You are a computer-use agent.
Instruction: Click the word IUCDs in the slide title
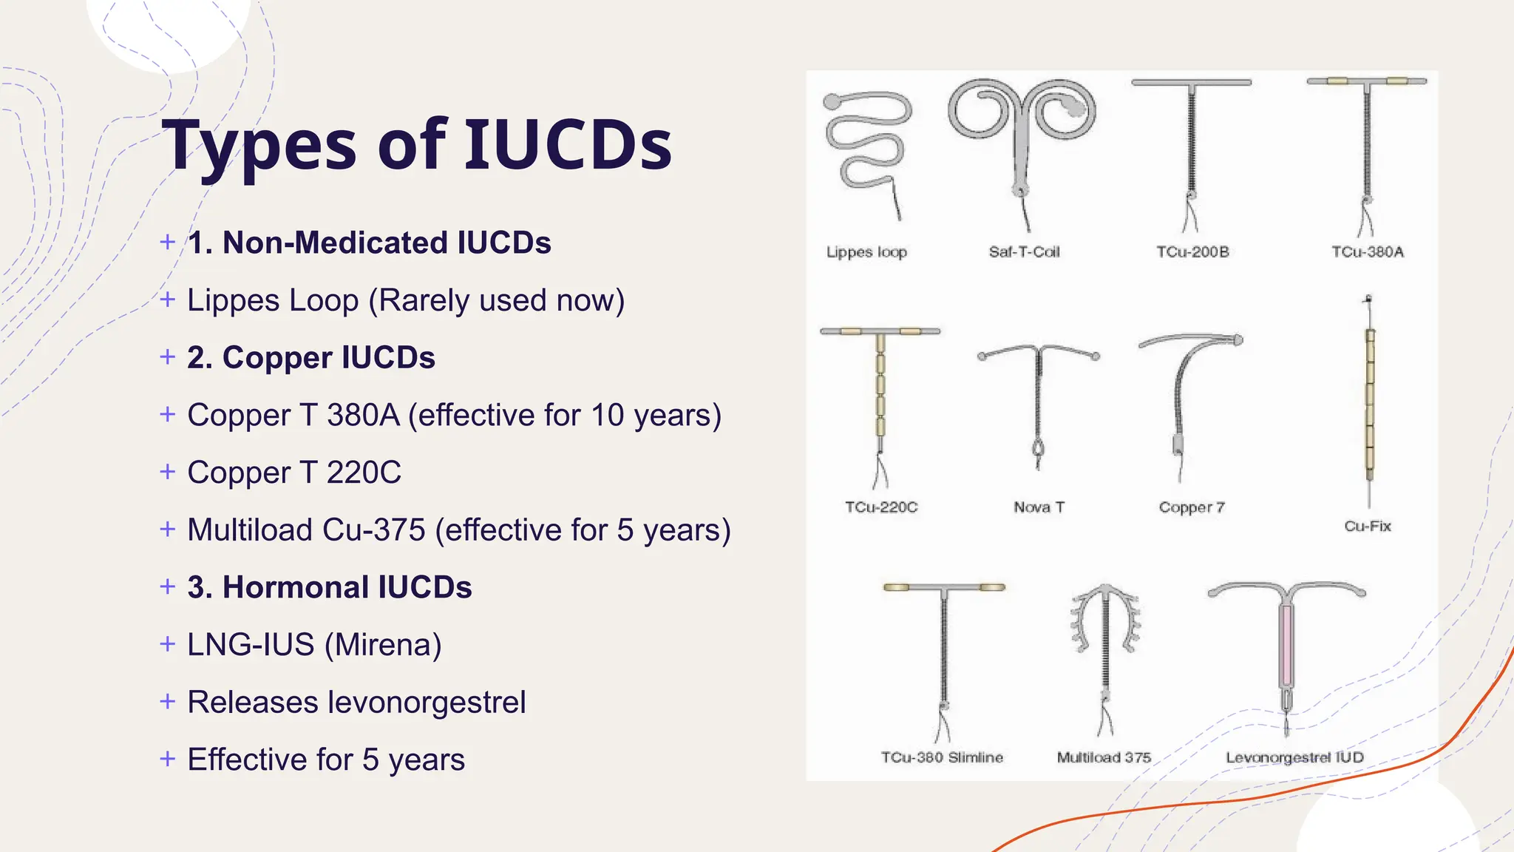[x=568, y=143]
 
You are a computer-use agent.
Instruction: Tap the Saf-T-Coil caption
[x=1024, y=252]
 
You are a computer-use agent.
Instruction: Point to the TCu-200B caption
[x=1192, y=252]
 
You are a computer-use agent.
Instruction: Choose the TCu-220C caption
[x=881, y=507]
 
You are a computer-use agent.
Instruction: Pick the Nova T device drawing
[x=1039, y=399]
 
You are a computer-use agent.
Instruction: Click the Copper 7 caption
[x=1192, y=507]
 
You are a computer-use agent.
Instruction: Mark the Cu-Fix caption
[x=1368, y=527]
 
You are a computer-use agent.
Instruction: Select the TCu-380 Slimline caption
[x=942, y=757]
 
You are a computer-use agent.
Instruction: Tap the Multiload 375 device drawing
[x=1105, y=651]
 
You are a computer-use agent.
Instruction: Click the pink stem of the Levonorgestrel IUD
[x=1287, y=643]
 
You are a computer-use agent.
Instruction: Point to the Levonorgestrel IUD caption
[x=1294, y=757]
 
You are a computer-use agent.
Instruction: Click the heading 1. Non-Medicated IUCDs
[x=369, y=243]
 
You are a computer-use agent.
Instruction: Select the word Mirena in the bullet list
[x=383, y=645]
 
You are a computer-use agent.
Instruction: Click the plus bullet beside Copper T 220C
[x=168, y=471]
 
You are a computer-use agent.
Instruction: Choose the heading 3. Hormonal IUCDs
[x=329, y=587]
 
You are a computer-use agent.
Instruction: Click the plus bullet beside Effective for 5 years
[x=168, y=759]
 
